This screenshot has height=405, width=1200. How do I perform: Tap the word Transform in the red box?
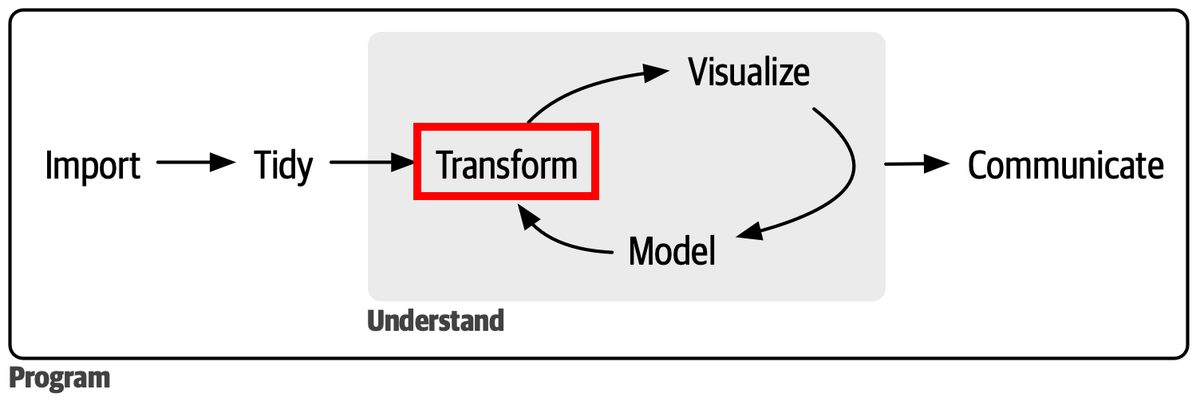click(x=507, y=165)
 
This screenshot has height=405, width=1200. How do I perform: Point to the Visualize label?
click(x=749, y=73)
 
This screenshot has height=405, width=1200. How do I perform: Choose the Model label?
click(x=672, y=251)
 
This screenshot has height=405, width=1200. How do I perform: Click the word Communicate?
click(x=1065, y=165)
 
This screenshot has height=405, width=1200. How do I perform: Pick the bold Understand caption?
click(x=436, y=321)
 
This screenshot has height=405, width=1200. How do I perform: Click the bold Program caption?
click(x=60, y=378)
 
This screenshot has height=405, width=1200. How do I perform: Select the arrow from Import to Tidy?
click(x=196, y=162)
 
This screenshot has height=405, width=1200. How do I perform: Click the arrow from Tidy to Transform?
click(x=373, y=162)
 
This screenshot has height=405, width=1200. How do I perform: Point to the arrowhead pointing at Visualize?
click(x=655, y=73)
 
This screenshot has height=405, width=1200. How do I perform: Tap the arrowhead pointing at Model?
click(x=750, y=231)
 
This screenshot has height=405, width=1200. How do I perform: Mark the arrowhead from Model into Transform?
click(x=528, y=216)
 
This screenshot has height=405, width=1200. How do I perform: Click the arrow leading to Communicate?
click(x=917, y=163)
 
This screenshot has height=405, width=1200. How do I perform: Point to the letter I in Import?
click(x=49, y=165)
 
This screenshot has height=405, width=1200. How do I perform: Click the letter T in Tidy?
click(x=263, y=165)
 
